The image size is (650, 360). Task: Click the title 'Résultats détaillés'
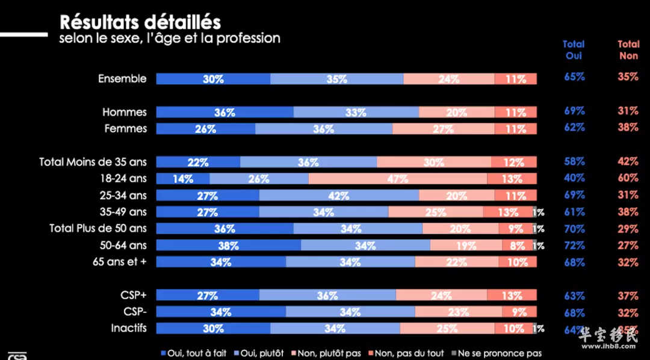(140, 22)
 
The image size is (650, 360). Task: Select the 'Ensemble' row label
(122, 79)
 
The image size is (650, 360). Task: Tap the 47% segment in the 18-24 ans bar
(398, 179)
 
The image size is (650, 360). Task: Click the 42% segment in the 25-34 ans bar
(339, 196)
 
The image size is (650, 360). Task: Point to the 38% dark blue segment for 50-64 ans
(229, 246)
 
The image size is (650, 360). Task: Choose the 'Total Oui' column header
(574, 50)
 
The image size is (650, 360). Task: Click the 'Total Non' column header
(629, 50)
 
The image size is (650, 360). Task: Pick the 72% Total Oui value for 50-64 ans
(574, 245)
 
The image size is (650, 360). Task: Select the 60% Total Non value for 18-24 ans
(628, 178)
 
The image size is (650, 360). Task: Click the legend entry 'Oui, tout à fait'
(193, 353)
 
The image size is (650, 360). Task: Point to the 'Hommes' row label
(125, 113)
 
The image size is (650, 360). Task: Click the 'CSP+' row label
(134, 295)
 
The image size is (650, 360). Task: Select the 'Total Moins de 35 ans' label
(93, 162)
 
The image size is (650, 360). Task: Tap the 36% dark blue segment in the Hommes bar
(224, 113)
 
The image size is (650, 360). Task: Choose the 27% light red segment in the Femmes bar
(444, 129)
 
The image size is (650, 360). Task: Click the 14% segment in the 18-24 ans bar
(183, 179)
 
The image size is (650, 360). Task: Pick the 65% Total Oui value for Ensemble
(574, 77)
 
